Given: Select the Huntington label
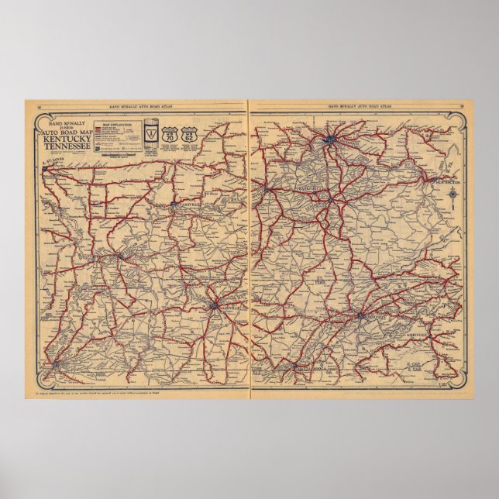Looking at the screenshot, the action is (x=444, y=182).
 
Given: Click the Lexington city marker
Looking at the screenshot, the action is (x=331, y=200).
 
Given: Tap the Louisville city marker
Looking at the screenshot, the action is (x=268, y=188).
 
